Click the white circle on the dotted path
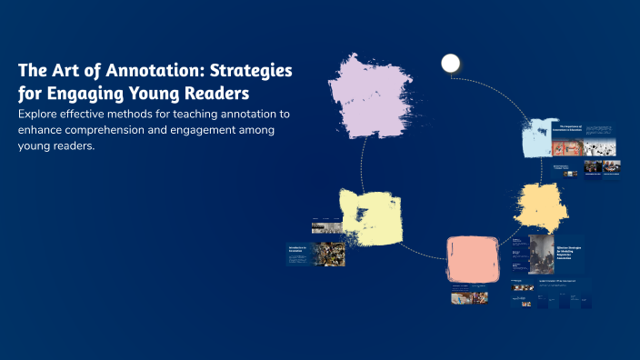click(450, 63)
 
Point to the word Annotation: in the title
click(155, 71)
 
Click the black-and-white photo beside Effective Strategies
click(541, 255)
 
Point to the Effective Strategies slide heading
click(575, 251)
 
